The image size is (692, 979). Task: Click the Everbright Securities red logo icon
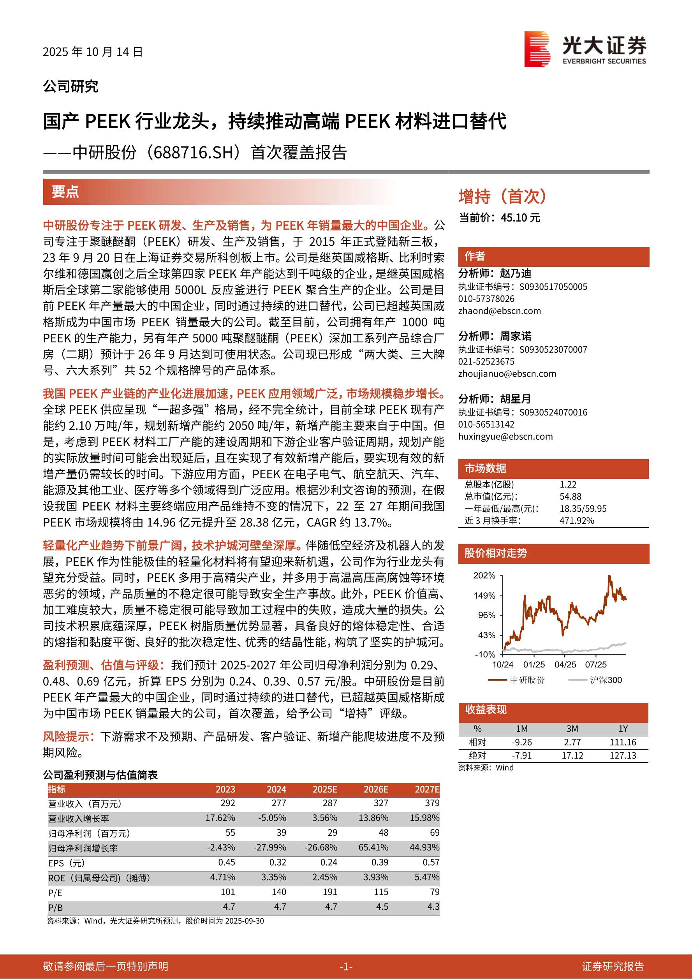point(537,49)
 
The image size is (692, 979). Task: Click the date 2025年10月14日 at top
point(93,52)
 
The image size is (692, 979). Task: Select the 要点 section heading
point(65,192)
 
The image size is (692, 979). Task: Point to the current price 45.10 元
point(520,218)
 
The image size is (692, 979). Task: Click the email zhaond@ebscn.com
point(499,311)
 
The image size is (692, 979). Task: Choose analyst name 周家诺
point(516,336)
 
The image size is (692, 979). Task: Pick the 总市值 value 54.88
point(571,497)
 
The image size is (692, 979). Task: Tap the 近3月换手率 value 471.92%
point(576,521)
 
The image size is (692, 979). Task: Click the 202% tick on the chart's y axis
point(484,576)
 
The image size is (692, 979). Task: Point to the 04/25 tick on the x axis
point(565,665)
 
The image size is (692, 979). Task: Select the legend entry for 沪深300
point(606,680)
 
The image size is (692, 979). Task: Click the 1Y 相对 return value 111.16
point(623,742)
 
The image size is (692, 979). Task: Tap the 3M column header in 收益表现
point(572,729)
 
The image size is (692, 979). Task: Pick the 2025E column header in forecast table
point(325,789)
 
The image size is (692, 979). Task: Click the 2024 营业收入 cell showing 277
point(279,803)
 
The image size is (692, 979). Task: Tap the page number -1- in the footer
point(346,967)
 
